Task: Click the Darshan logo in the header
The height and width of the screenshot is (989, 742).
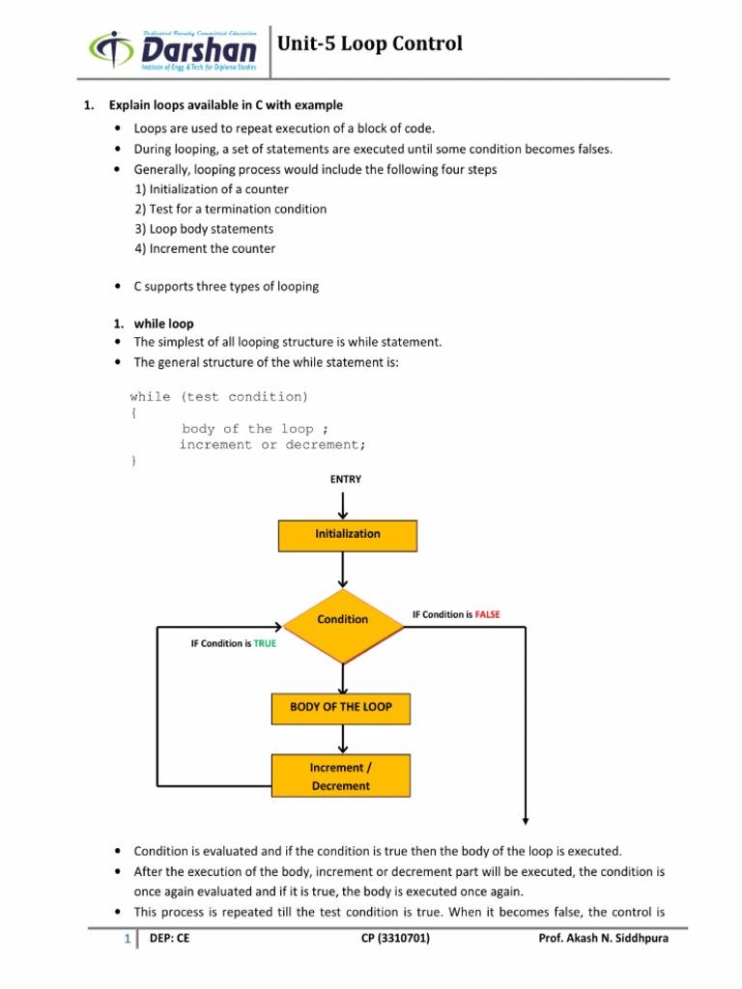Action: tap(174, 48)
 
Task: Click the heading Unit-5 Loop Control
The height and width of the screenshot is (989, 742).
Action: tap(370, 44)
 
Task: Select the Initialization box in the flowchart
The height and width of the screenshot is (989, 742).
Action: tap(348, 534)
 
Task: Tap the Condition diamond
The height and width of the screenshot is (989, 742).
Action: tap(343, 619)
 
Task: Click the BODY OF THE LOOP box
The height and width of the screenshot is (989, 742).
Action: tap(341, 708)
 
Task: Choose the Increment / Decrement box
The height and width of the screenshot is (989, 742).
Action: tap(341, 777)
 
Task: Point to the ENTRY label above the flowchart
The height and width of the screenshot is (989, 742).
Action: tap(346, 479)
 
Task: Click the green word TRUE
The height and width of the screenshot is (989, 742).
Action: tap(265, 643)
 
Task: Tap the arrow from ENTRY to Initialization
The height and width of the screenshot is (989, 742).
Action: tap(343, 504)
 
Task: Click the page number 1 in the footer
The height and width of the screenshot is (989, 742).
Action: tap(126, 939)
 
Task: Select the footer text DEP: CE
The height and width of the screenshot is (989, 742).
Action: tap(170, 938)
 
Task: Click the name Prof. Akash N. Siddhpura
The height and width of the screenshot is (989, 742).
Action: tap(603, 938)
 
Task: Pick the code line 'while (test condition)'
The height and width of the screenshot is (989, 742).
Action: tap(219, 397)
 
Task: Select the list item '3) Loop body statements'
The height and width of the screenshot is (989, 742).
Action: tap(204, 229)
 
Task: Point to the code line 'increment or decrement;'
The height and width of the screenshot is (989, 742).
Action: tap(272, 445)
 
